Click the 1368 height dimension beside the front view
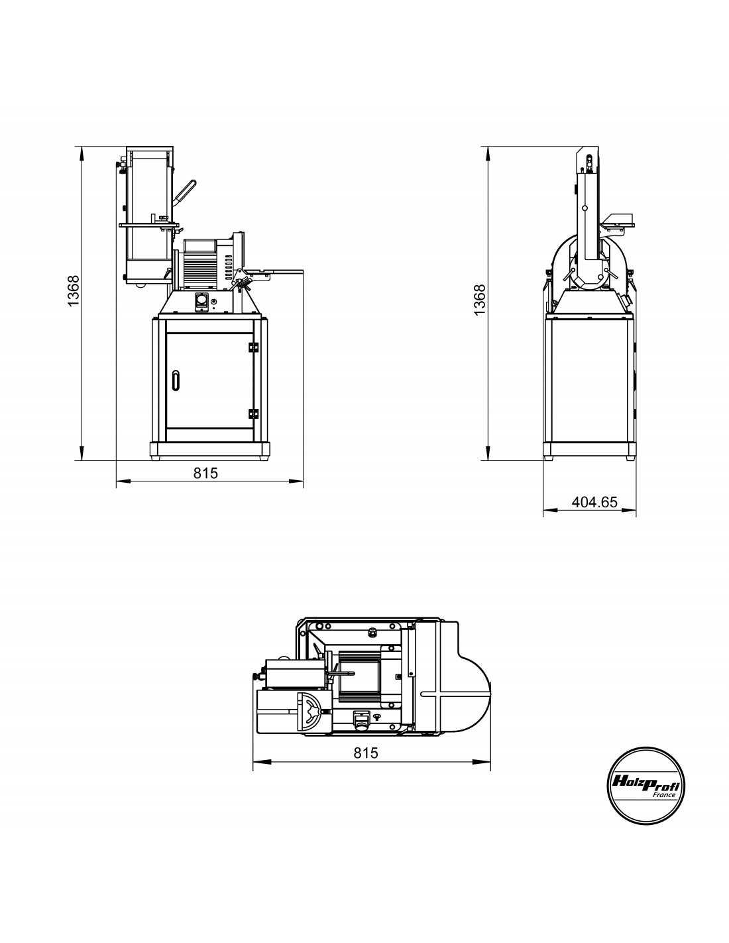74,290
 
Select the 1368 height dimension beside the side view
479,300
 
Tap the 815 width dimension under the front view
205,473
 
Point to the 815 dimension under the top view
366,753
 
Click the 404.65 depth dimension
594,502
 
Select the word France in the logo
664,795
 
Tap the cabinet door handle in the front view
175,381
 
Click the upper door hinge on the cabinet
253,347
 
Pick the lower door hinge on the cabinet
253,414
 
